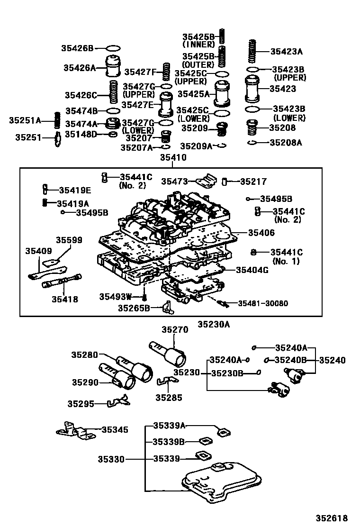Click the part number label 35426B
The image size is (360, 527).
[77, 48]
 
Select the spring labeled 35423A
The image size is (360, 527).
[252, 52]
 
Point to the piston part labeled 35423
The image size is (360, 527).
[252, 89]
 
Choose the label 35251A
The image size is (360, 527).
[25, 120]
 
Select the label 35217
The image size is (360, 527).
[253, 182]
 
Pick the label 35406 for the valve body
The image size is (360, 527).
[261, 233]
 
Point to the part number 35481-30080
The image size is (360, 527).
[262, 303]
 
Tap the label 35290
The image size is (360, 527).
[85, 382]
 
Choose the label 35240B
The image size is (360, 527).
[291, 360]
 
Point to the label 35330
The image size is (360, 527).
[111, 459]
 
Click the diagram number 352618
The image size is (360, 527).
[332, 518]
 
